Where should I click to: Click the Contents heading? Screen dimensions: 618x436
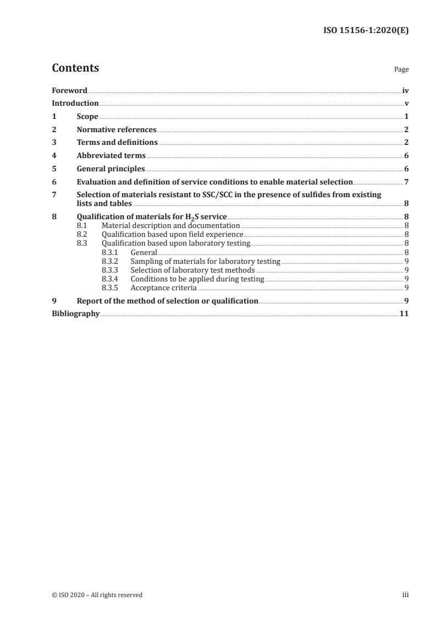(75, 69)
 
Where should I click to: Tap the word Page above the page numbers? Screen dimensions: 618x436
(401, 70)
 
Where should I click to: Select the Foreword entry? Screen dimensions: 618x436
(69, 90)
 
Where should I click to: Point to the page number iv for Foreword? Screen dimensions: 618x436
(405, 90)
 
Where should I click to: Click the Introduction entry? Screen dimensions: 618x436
(75, 103)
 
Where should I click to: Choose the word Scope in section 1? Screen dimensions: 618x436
(87, 117)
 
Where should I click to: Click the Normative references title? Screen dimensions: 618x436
(117, 130)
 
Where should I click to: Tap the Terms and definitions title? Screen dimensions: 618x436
(117, 143)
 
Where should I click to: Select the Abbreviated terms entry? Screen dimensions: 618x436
(111, 156)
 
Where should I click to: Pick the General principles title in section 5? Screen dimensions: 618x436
(111, 169)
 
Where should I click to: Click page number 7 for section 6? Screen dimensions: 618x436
(406, 182)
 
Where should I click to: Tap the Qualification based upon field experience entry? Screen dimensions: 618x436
(173, 234)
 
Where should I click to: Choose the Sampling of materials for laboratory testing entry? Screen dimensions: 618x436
(205, 261)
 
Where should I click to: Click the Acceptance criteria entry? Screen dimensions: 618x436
(163, 288)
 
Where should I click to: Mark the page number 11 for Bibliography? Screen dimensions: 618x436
(404, 314)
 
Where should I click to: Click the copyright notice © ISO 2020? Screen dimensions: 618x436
(97, 595)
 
